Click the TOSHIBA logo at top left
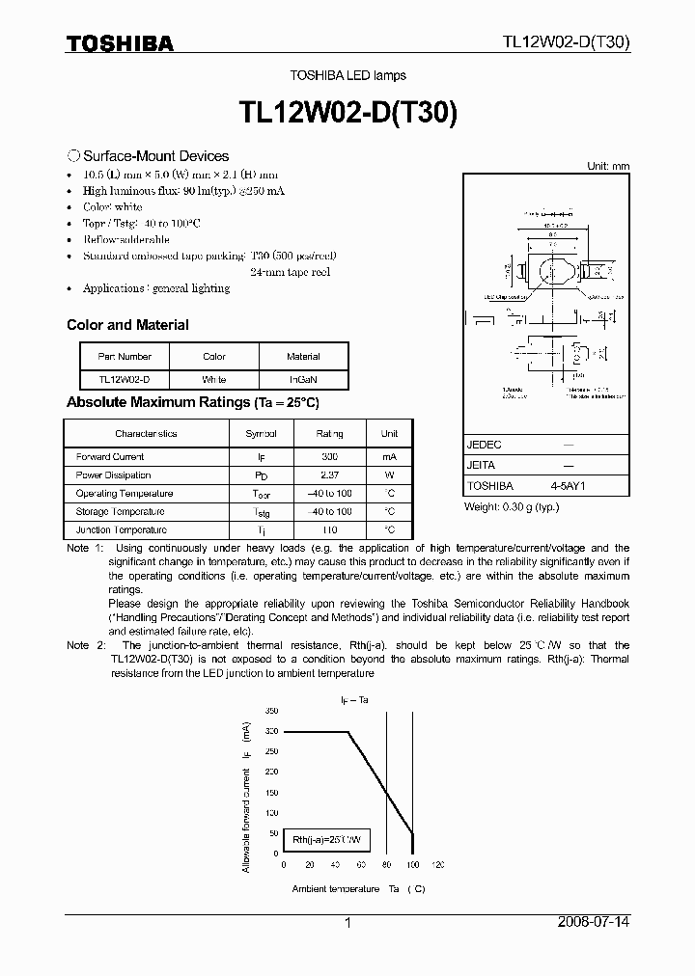120,42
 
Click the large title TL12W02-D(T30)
347,113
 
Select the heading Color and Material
127,325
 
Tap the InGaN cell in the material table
304,379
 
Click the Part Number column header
125,356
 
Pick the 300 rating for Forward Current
329,456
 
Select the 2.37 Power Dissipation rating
329,474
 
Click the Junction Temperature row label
121,529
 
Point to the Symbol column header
261,433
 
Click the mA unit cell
389,456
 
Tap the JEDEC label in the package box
484,445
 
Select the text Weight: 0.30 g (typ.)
512,506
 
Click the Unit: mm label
608,166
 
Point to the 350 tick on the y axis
272,710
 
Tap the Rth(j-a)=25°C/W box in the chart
327,840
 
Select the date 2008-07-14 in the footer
594,922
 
